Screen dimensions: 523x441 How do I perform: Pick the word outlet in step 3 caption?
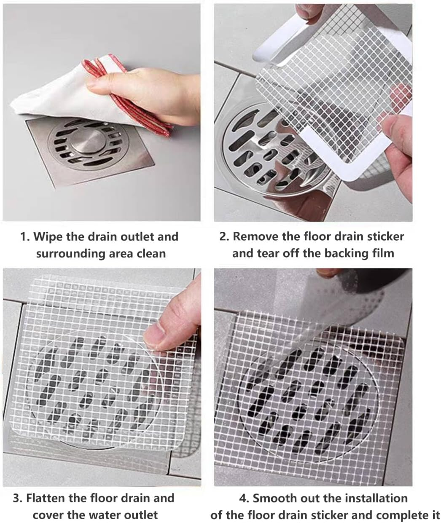click(138, 515)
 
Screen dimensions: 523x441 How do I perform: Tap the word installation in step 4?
click(354, 498)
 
